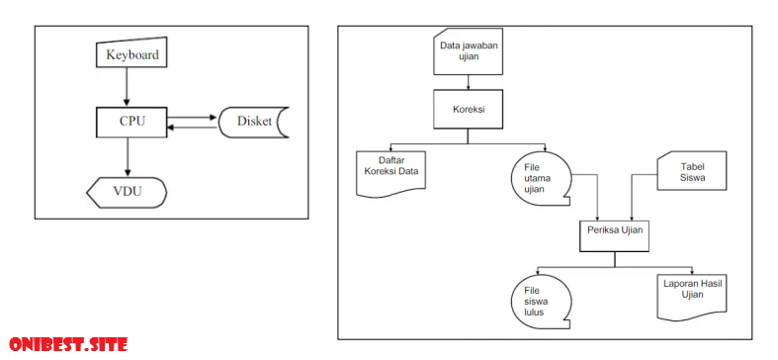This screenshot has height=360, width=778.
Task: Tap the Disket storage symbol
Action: (251, 122)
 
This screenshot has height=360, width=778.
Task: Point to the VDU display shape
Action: (127, 190)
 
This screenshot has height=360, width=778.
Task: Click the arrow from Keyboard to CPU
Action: (127, 87)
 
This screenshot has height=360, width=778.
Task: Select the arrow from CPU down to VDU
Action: (127, 155)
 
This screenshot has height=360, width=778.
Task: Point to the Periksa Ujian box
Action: (614, 230)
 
